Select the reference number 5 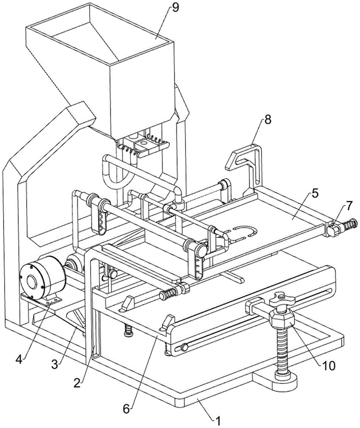coord(315,193)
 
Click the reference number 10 coord(329,366)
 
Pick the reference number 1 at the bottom coord(218,421)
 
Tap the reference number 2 coord(77,383)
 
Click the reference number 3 coord(55,364)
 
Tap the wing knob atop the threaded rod coord(282,298)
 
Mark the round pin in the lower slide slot coord(185,348)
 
